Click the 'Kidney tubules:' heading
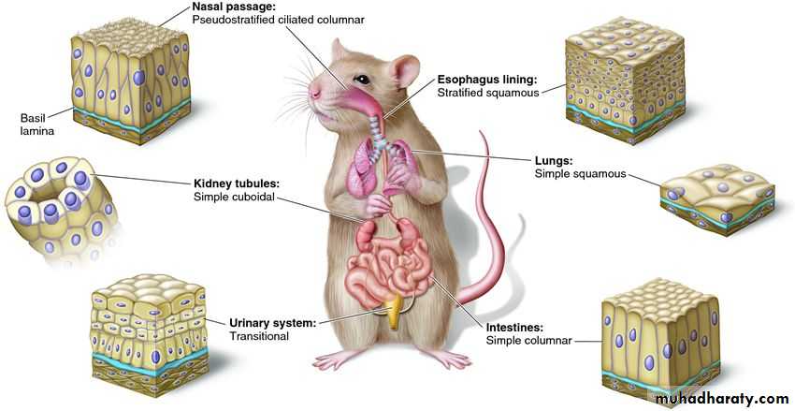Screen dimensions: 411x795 pyautogui.click(x=237, y=183)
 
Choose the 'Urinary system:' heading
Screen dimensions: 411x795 pyautogui.click(x=272, y=323)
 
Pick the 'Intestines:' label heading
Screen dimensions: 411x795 pyautogui.click(x=515, y=328)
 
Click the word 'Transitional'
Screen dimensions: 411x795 pyautogui.click(x=259, y=336)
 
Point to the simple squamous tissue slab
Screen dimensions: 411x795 pyautogui.click(x=718, y=197)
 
